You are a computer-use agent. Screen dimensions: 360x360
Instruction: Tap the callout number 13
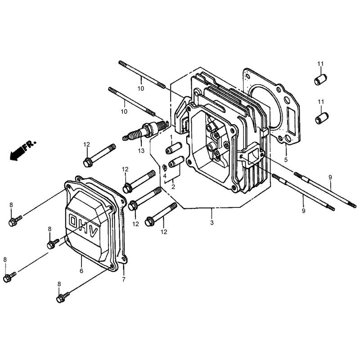(x=141, y=151)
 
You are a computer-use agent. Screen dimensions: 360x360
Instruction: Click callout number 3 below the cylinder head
(x=211, y=222)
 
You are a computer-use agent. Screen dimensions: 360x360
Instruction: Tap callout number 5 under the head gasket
(x=286, y=160)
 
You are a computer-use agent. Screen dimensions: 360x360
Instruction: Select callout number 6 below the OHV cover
(x=81, y=271)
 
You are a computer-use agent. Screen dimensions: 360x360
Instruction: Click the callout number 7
(x=124, y=279)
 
